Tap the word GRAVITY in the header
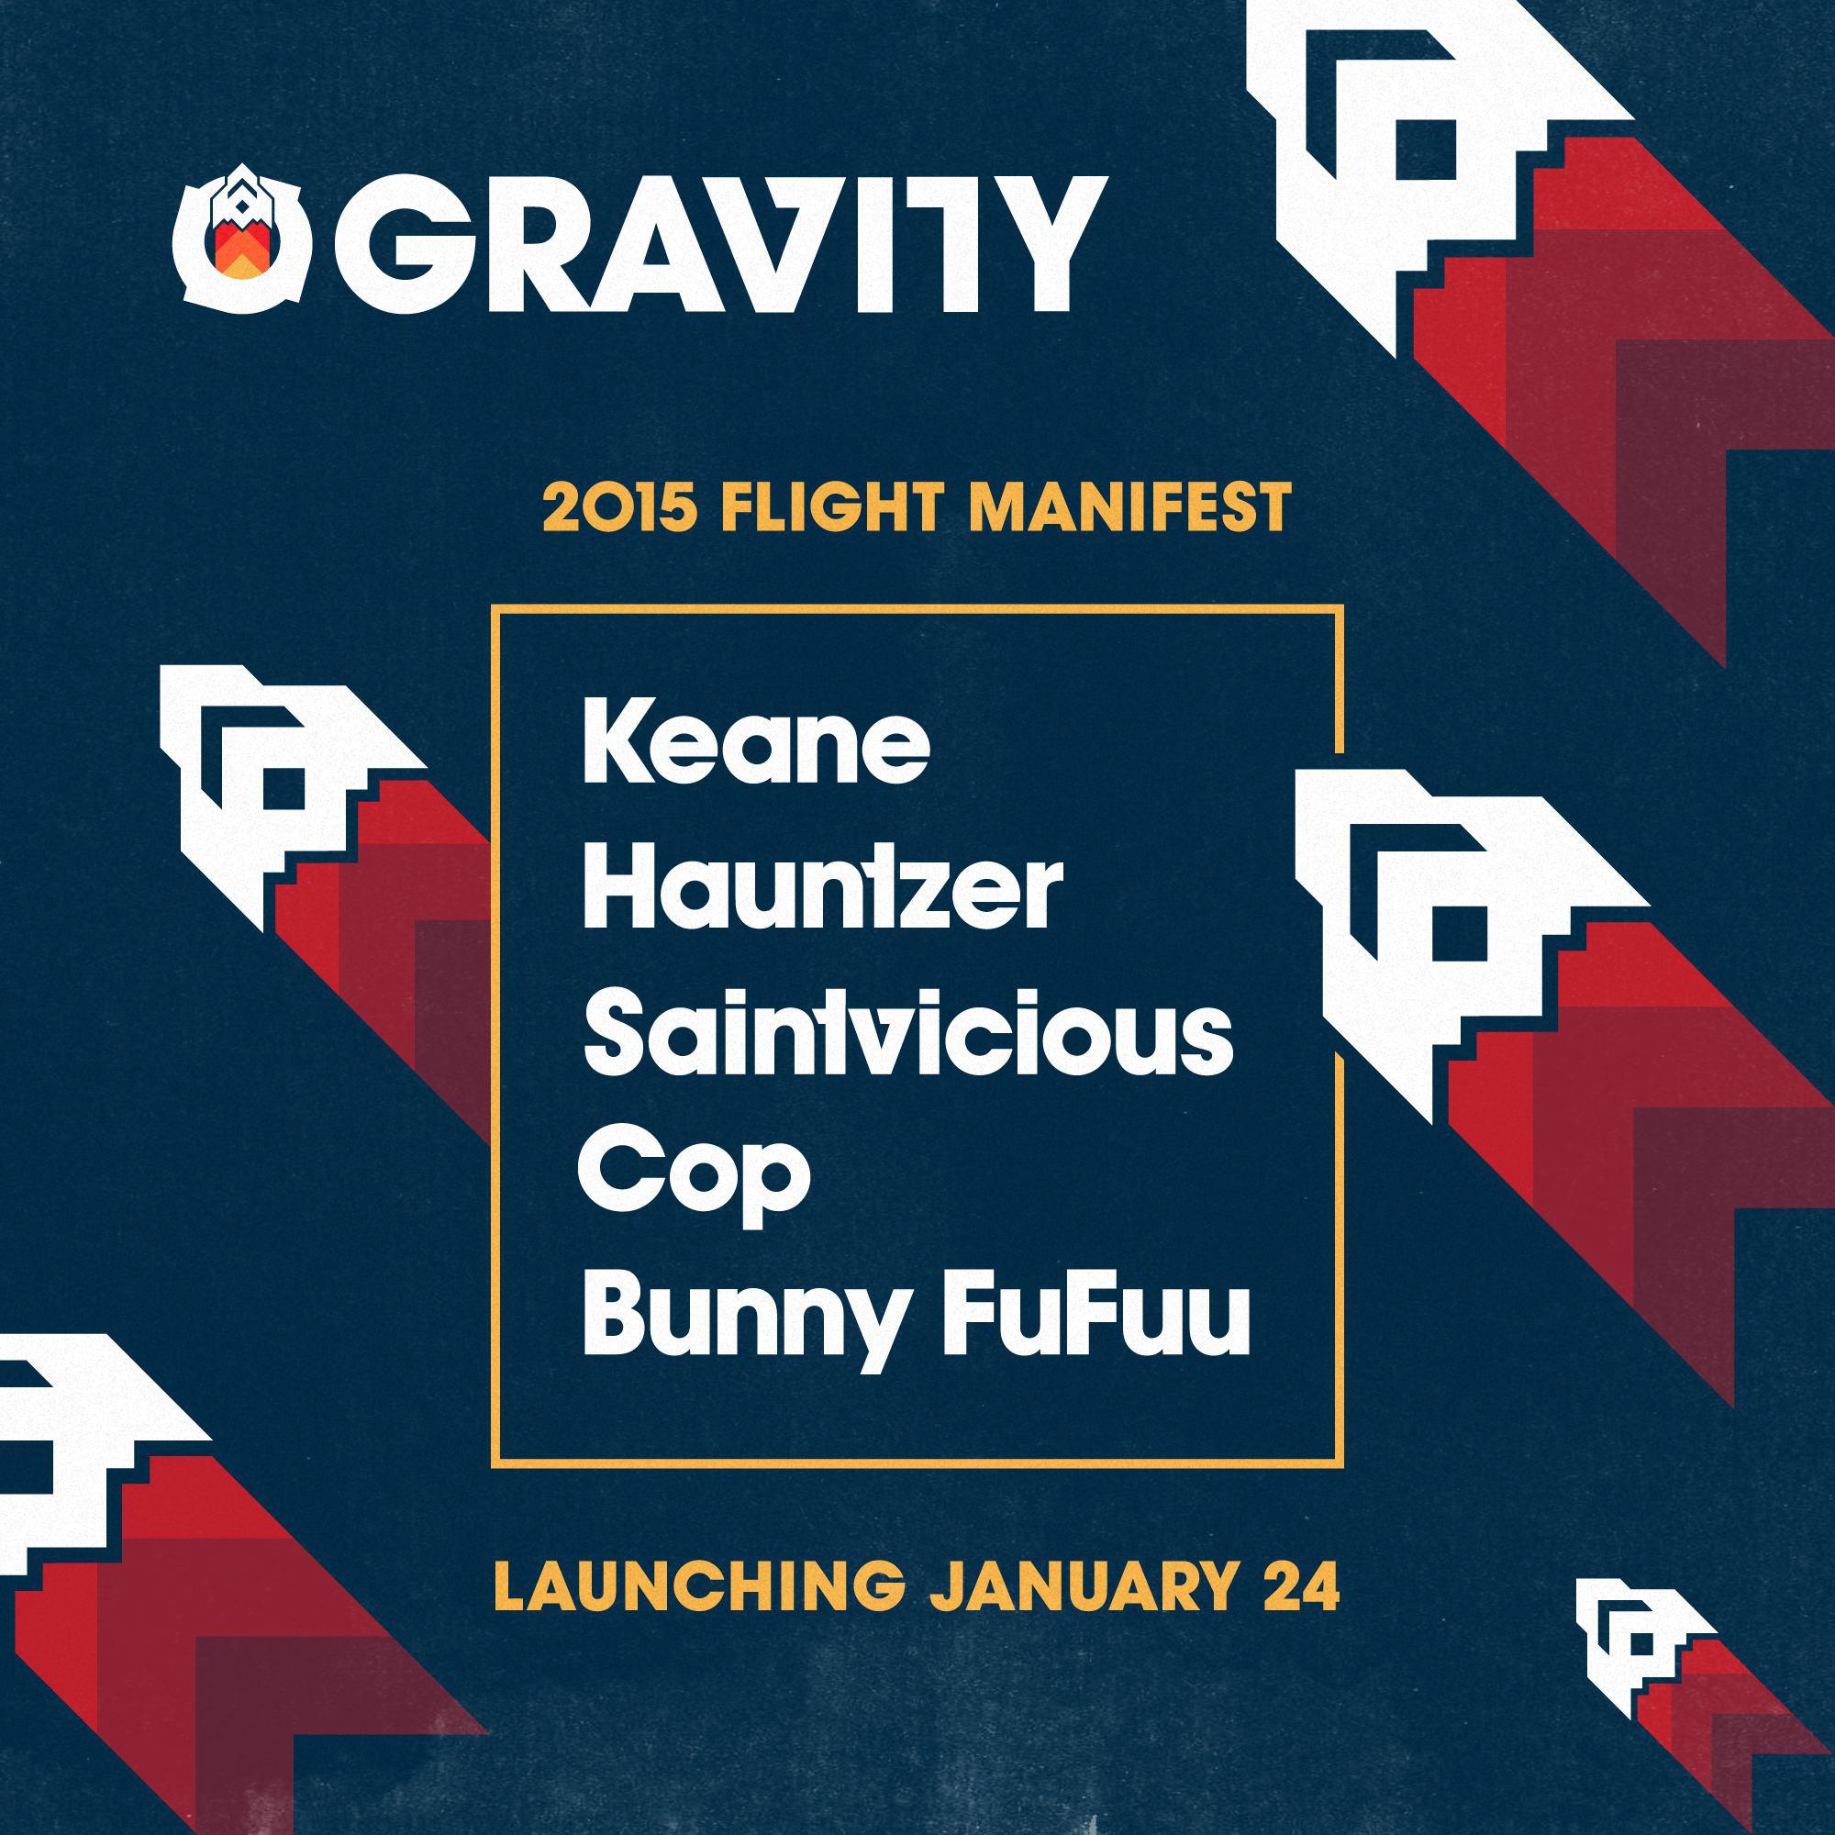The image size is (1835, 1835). pos(722,244)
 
